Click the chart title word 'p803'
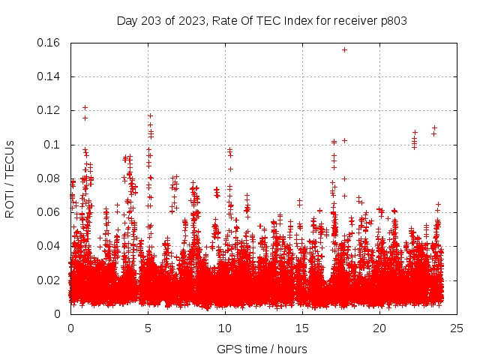coord(392,20)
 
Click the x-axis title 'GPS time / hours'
coord(262,349)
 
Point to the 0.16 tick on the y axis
coord(49,43)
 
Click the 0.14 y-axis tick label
coord(49,76)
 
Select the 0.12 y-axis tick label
coord(49,110)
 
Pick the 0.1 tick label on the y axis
coord(54,145)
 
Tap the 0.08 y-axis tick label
coord(49,178)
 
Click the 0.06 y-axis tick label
coord(49,212)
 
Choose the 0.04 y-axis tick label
coord(49,246)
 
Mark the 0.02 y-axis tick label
coord(49,280)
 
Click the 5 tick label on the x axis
coord(148,328)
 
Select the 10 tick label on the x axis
coord(225,328)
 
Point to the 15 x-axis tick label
coord(302,328)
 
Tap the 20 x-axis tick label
coord(379,328)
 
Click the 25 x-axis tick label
coord(457,328)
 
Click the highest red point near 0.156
coord(344,49)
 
